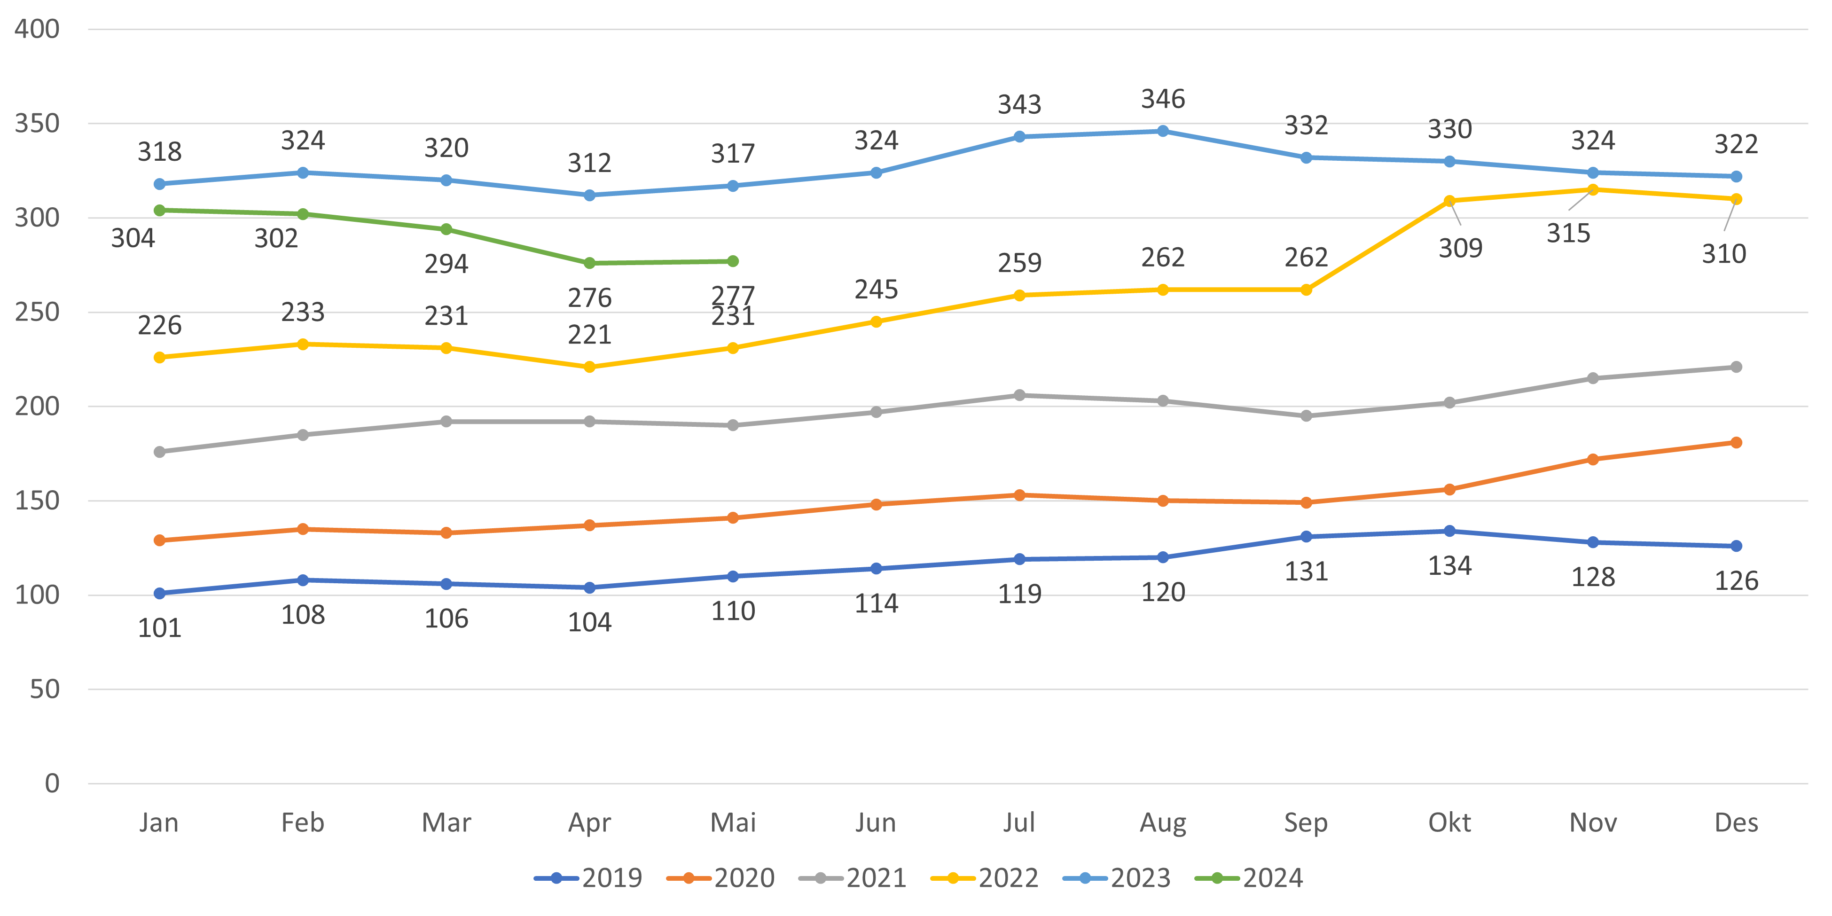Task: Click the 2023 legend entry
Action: point(1117,878)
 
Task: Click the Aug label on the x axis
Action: point(1163,823)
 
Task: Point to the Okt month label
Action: point(1449,823)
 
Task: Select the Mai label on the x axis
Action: point(733,823)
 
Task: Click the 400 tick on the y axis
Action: point(37,29)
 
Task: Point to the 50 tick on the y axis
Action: point(44,689)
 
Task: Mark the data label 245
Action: point(876,290)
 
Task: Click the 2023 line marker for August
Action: point(1163,131)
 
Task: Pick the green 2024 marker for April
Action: point(589,263)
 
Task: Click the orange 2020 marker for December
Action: point(1736,442)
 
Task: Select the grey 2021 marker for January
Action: point(159,452)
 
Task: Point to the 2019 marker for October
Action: point(1449,531)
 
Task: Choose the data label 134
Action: point(1449,567)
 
